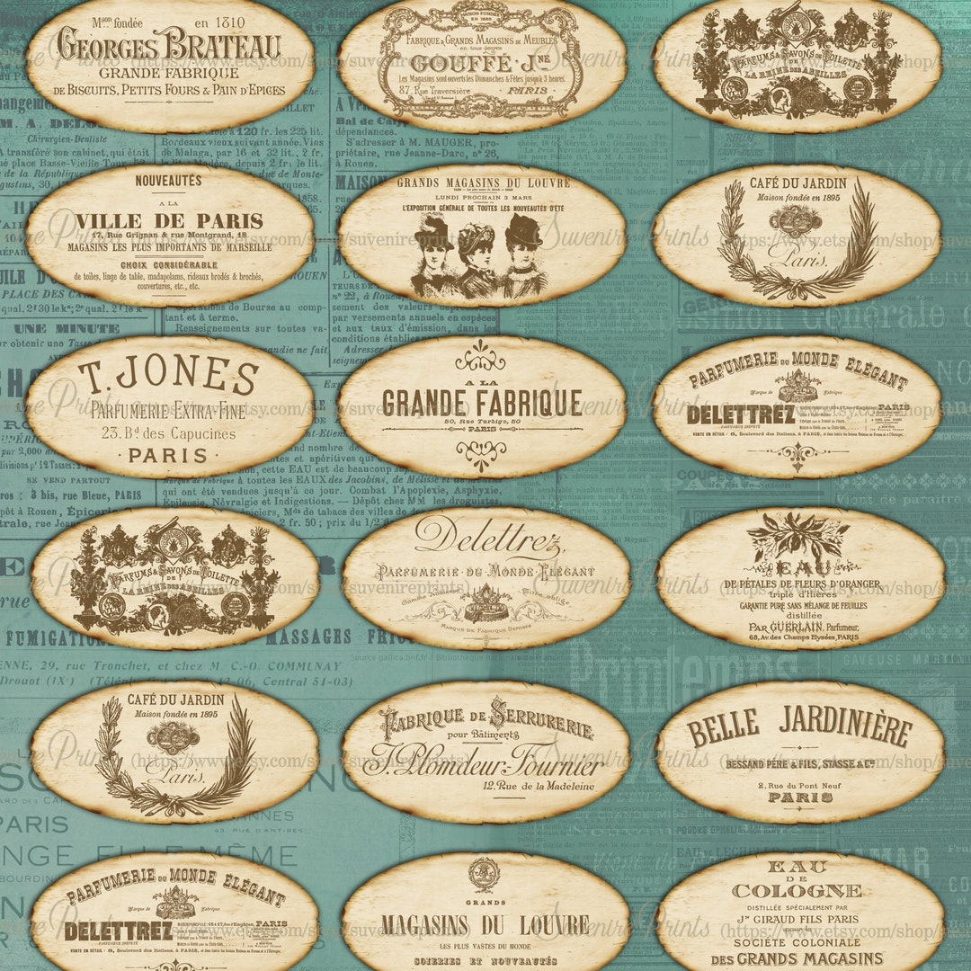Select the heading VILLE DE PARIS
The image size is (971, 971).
[x=170, y=221]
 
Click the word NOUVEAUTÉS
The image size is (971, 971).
[x=168, y=181]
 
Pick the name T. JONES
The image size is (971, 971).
[x=168, y=378]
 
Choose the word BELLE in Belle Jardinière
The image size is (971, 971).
[x=724, y=726]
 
